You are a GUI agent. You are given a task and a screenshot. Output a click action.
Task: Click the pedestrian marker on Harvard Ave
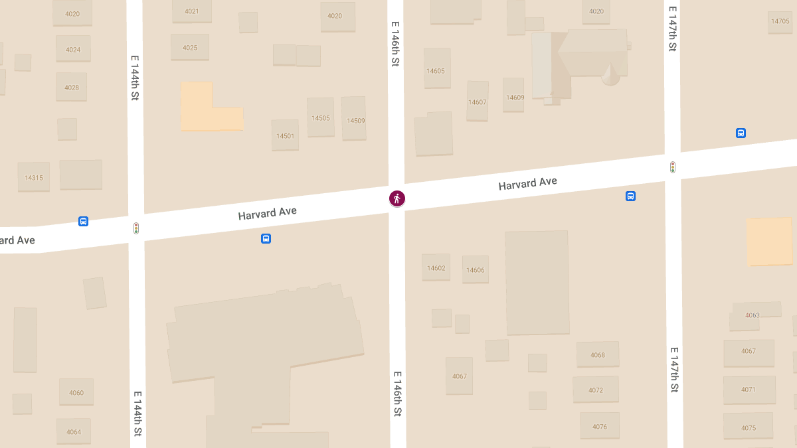coord(397,198)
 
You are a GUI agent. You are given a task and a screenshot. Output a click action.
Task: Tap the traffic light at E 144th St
coord(136,228)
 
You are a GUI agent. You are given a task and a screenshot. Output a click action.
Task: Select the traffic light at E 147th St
coord(673,167)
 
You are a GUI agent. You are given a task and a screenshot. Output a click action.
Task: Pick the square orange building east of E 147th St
coord(769,242)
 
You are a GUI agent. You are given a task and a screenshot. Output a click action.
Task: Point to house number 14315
coord(34,178)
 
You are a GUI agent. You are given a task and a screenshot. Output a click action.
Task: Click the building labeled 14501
coord(285,136)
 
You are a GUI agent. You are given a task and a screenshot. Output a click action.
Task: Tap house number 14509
coord(355,121)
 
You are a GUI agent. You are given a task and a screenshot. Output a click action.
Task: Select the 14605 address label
coord(436,71)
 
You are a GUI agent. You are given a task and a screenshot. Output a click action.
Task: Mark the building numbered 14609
coord(515,98)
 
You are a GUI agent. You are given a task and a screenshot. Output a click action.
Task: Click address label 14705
coord(780,21)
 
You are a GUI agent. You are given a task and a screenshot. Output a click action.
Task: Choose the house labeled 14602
coord(436,268)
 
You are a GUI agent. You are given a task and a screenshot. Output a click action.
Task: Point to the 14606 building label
coord(476,270)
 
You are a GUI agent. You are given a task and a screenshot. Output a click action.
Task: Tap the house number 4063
coord(753,315)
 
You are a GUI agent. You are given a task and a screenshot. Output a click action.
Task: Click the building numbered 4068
coord(598,355)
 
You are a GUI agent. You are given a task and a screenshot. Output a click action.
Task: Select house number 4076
coord(600,427)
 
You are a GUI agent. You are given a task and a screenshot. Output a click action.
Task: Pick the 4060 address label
coord(76,393)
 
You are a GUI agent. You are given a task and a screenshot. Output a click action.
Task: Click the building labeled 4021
coord(192,11)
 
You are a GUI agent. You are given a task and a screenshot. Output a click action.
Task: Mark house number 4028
coord(72,88)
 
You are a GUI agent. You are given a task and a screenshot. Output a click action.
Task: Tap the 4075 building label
coord(749,428)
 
